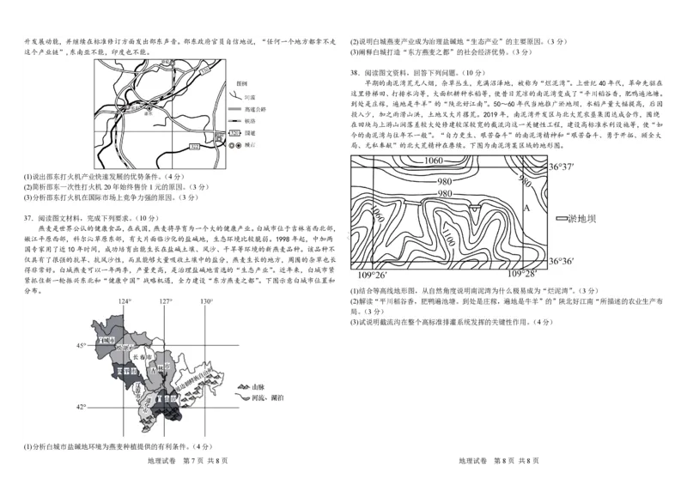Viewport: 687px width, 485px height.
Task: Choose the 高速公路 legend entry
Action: click(255, 109)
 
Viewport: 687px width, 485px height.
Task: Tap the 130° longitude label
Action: click(207, 302)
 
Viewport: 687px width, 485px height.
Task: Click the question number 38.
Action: click(356, 73)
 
